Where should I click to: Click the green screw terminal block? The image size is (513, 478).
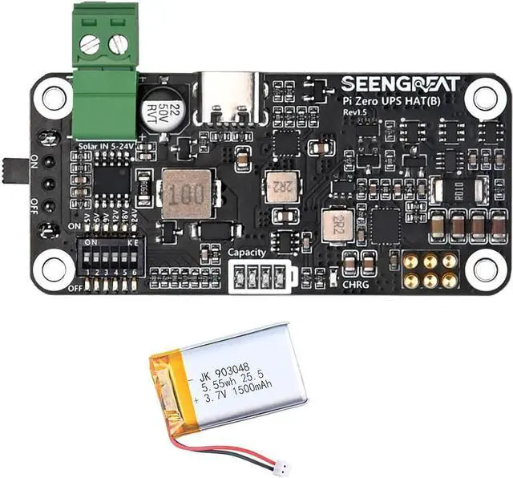tap(105, 76)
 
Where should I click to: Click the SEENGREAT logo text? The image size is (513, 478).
tap(400, 83)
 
